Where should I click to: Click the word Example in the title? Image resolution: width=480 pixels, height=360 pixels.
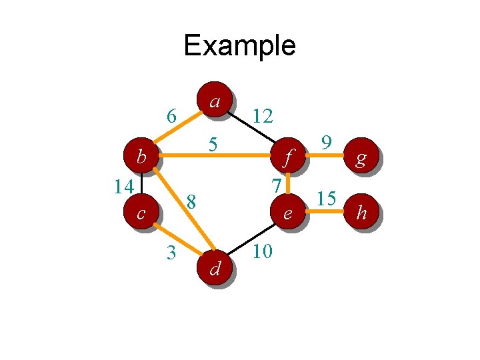pos(239,45)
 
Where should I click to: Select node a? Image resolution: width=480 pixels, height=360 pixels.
pos(215,100)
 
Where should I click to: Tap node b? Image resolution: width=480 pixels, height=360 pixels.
pos(141,157)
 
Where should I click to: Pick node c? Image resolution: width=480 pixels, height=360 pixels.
pos(141,213)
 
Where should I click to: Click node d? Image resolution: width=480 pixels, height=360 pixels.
pos(215,268)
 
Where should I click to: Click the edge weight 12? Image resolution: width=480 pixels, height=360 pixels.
pos(263,117)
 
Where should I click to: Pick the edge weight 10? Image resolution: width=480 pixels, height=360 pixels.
pos(263,252)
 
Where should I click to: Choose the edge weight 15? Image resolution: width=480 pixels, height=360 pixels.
pos(326,199)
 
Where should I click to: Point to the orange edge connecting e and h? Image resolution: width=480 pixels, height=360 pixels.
pos(325,213)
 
